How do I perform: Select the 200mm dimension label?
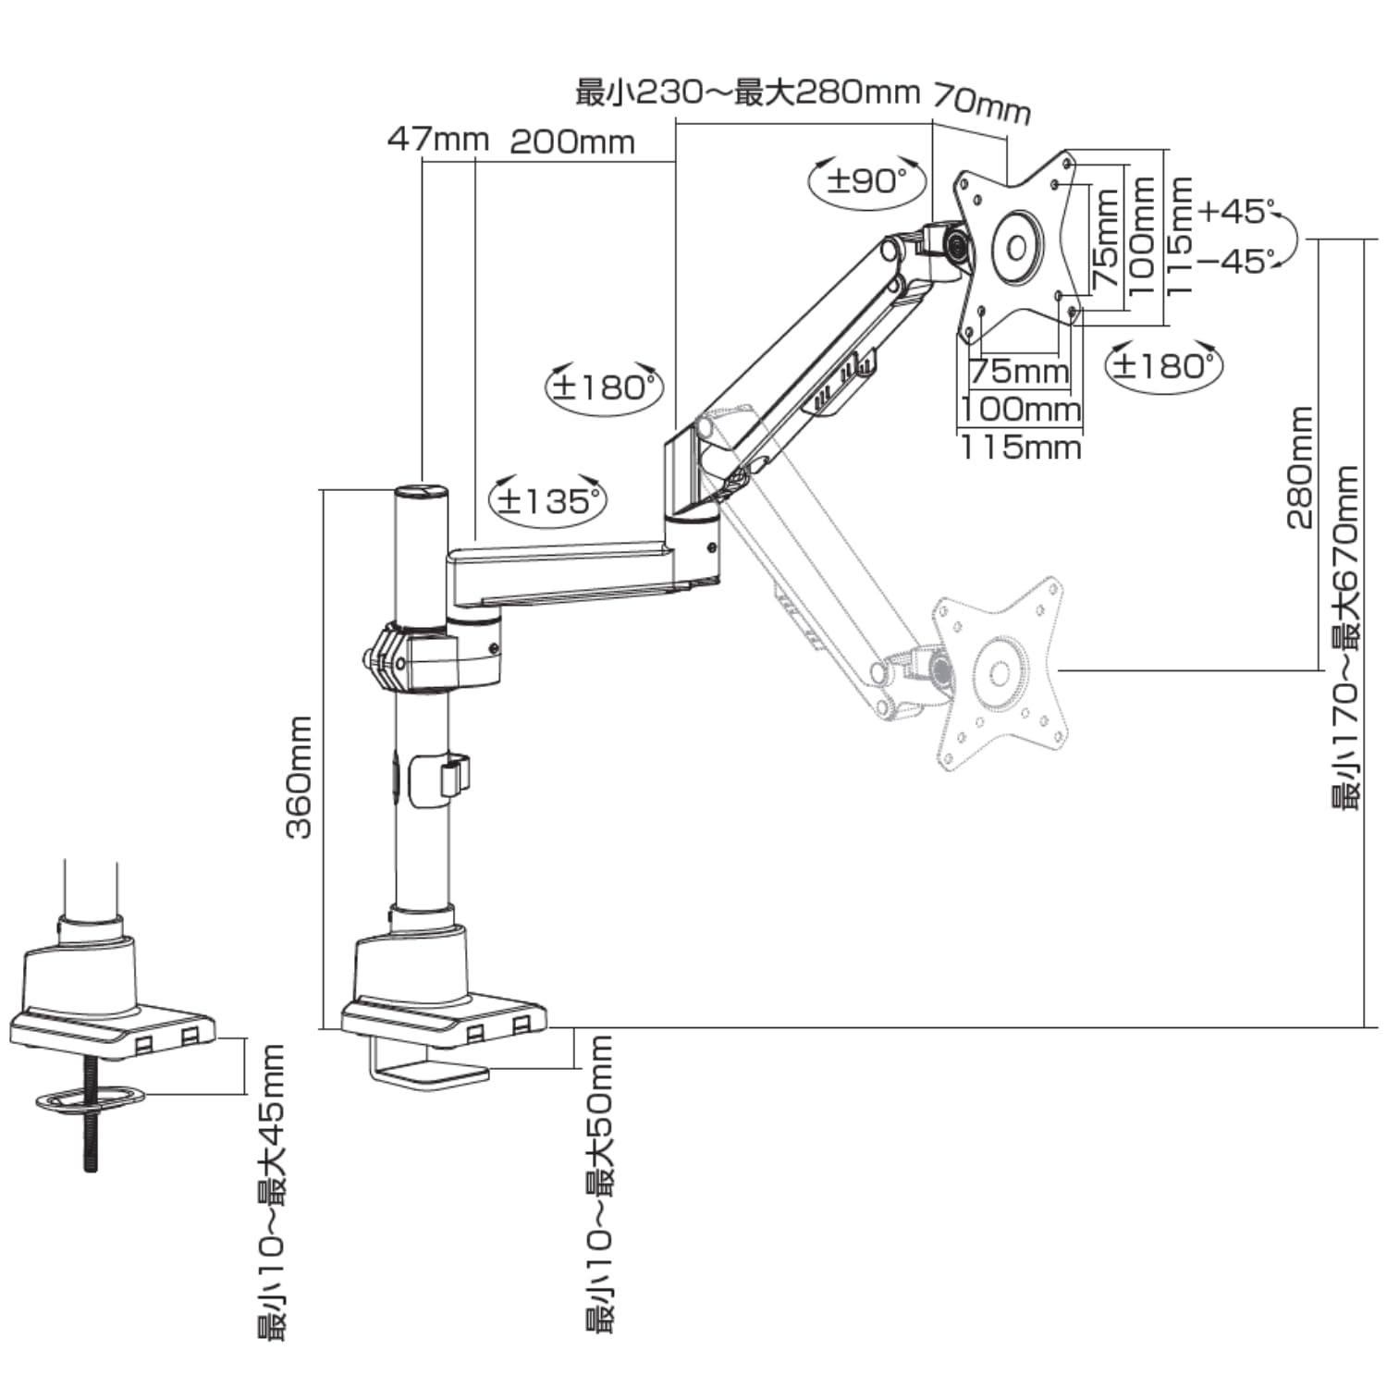click(x=572, y=141)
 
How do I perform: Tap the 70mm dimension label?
click(x=982, y=103)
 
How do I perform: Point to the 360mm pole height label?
click(x=300, y=777)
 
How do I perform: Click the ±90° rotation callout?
click(x=867, y=181)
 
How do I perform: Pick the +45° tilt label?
click(x=1236, y=212)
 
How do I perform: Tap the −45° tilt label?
click(x=1236, y=262)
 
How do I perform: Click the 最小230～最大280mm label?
click(x=747, y=92)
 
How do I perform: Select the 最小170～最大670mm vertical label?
click(x=1345, y=638)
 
